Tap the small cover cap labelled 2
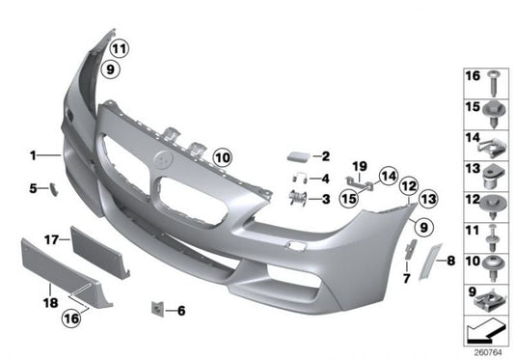295,154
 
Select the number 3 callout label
326,199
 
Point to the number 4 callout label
326,179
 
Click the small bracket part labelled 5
54,188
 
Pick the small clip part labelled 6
155,309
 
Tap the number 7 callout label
405,279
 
